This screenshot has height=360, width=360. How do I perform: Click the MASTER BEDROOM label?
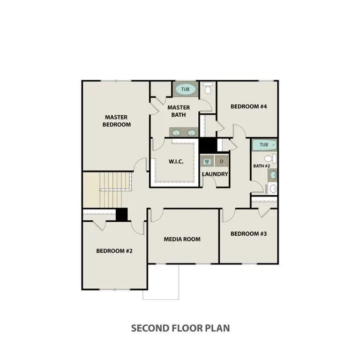(117, 121)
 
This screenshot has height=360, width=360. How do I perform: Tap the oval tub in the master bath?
(186, 89)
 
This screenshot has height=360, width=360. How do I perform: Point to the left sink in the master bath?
(176, 133)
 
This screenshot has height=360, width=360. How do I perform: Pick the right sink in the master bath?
(191, 133)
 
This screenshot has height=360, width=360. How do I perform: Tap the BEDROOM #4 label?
(248, 106)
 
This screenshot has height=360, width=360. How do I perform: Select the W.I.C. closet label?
(176, 162)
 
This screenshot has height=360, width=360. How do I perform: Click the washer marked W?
(207, 161)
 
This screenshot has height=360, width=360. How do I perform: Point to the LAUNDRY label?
(215, 174)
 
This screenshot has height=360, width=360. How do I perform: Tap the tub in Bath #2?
(264, 145)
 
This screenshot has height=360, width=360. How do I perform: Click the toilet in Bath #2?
(268, 159)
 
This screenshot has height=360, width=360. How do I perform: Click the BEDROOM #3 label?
(248, 233)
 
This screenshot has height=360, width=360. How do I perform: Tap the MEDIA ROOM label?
(182, 239)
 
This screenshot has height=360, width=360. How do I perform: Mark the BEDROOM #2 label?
(114, 251)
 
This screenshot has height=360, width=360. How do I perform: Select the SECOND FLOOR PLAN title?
(180, 328)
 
